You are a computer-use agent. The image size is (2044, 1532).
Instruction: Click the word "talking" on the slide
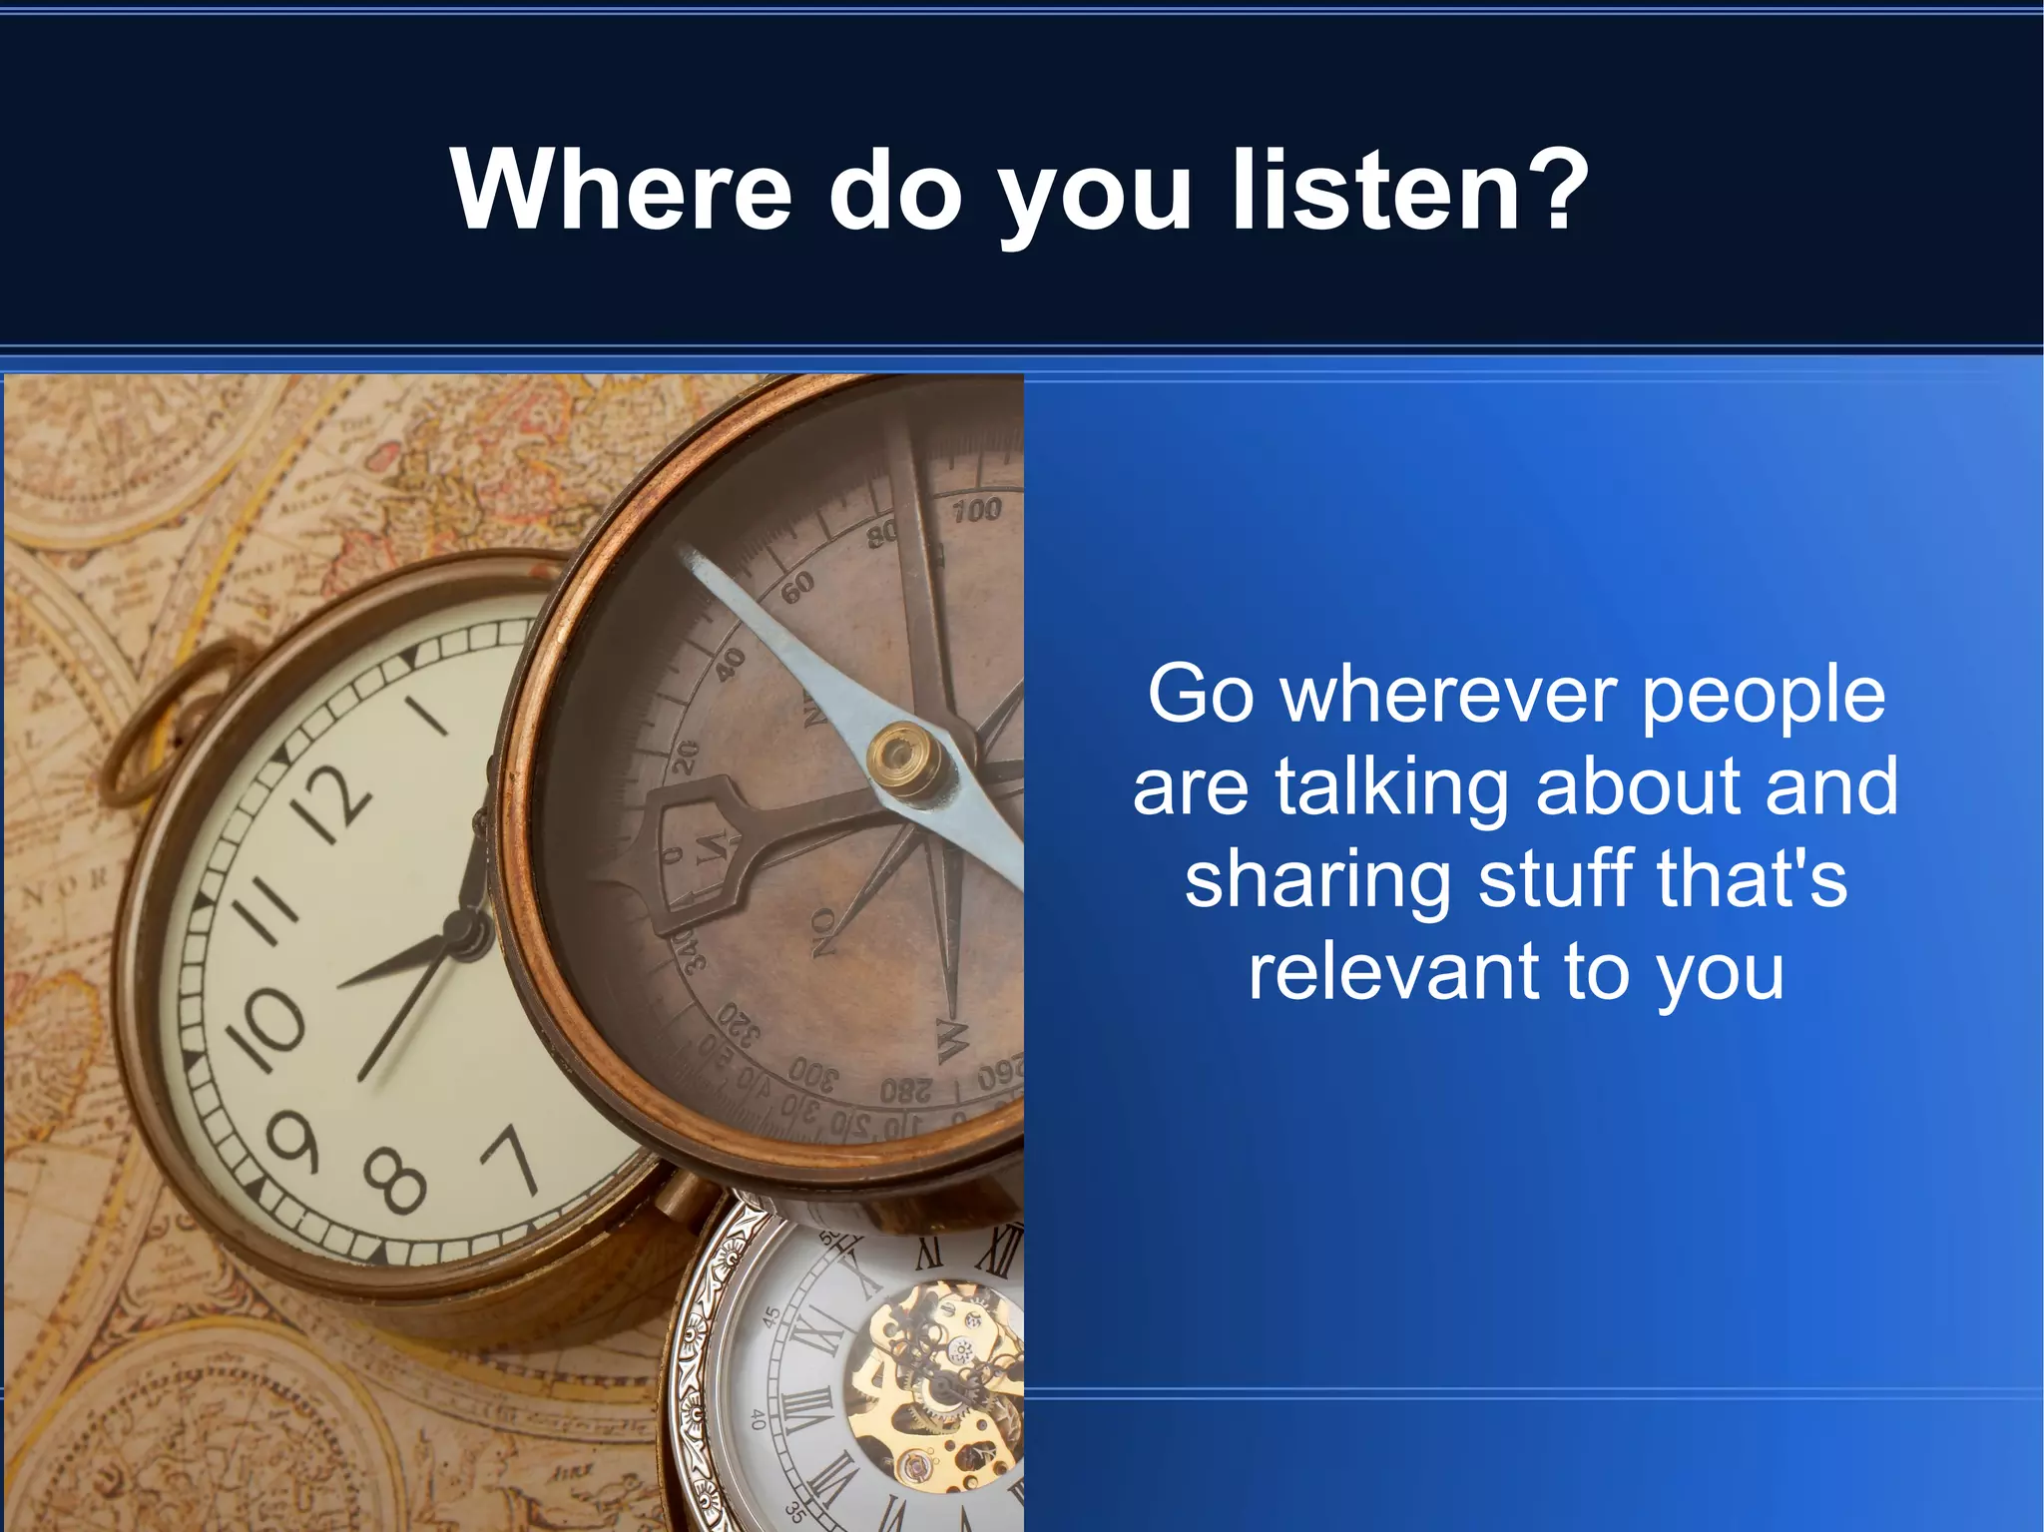(x=1392, y=788)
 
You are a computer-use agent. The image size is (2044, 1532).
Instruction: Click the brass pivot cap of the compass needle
(x=906, y=759)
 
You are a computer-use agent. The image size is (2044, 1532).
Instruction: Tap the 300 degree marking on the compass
(x=814, y=1074)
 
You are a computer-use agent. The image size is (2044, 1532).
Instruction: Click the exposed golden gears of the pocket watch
(x=938, y=1377)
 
